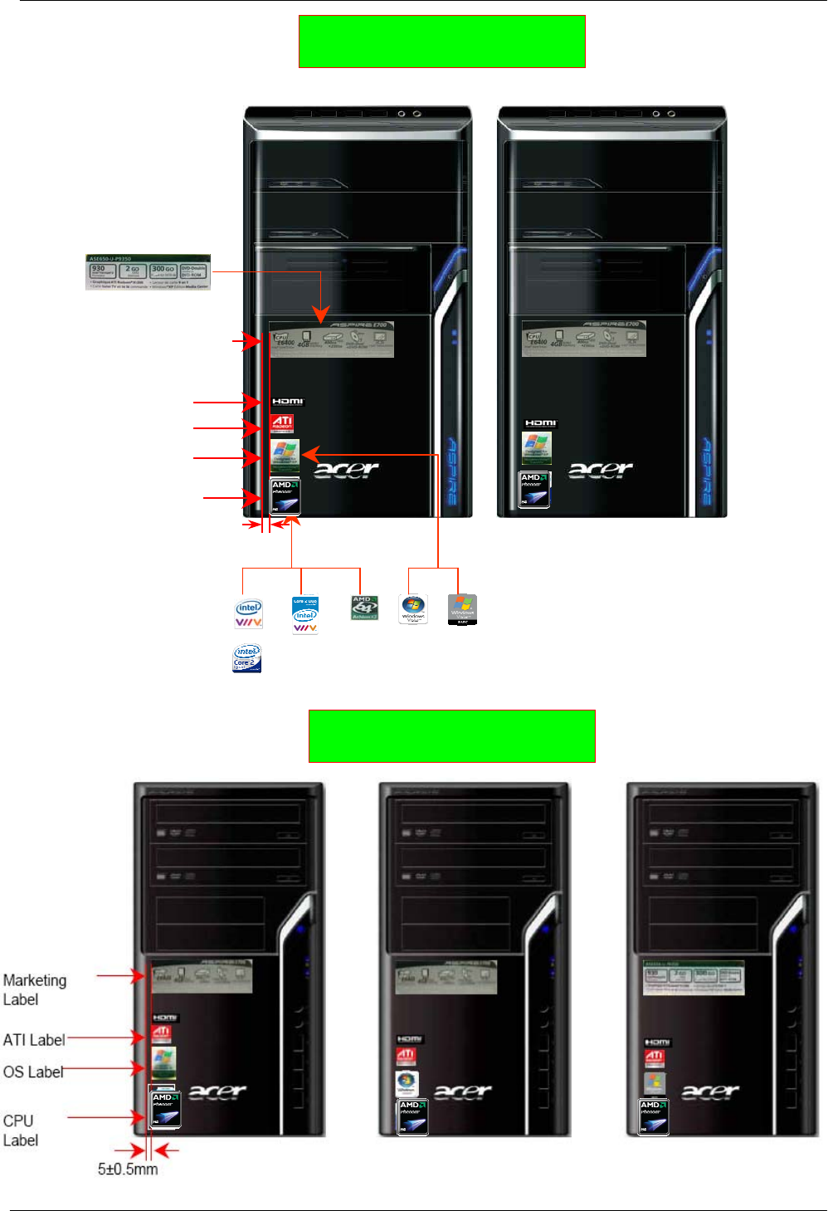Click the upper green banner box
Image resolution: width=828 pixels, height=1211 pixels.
pyautogui.click(x=441, y=41)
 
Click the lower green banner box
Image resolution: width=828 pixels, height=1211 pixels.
pyautogui.click(x=451, y=735)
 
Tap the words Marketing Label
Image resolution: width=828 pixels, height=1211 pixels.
pyautogui.click(x=34, y=989)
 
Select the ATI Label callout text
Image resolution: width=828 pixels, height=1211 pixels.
pyautogui.click(x=34, y=1040)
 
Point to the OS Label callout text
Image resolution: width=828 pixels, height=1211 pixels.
pyautogui.click(x=33, y=1072)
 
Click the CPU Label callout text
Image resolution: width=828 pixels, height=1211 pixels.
pyautogui.click(x=20, y=1130)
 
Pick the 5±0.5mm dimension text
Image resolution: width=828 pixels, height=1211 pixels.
pyautogui.click(x=128, y=1169)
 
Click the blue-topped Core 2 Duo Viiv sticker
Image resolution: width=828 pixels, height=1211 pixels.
pyautogui.click(x=305, y=615)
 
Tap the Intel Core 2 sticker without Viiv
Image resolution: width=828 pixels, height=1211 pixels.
pyautogui.click(x=247, y=658)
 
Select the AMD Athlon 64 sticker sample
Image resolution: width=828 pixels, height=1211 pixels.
pyautogui.click(x=364, y=608)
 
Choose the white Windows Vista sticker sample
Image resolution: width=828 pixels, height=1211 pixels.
pyautogui.click(x=413, y=608)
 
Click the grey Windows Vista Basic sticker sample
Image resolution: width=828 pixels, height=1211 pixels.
pyautogui.click(x=462, y=609)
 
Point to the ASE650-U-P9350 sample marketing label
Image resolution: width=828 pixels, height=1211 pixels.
pyautogui.click(x=148, y=272)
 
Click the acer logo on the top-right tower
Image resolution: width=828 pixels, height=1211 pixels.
pyautogui.click(x=601, y=471)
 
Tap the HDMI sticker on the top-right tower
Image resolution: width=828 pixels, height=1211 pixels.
pyautogui.click(x=541, y=423)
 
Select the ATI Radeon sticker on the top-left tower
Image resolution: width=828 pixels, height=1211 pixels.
pyautogui.click(x=282, y=423)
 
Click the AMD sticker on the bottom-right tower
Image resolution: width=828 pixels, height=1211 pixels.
pyautogui.click(x=654, y=1116)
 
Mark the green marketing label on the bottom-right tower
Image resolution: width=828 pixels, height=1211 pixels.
pyautogui.click(x=694, y=978)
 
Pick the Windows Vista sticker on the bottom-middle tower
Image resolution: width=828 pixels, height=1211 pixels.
pyautogui.click(x=407, y=1083)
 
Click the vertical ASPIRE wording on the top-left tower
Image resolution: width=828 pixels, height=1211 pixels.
pyautogui.click(x=452, y=471)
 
